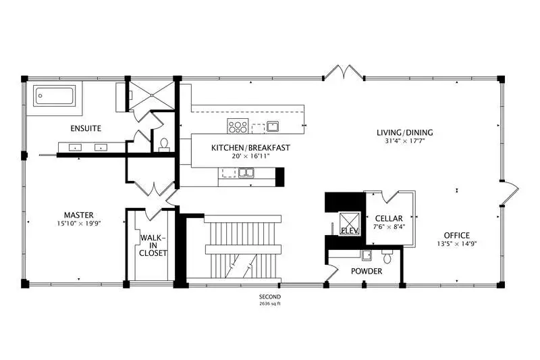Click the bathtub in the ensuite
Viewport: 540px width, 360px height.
[54, 96]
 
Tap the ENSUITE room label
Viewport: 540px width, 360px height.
[86, 128]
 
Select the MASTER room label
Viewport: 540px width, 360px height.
[79, 215]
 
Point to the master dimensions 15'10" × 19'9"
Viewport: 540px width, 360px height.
[79, 224]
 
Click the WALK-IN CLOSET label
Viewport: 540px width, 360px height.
[153, 245]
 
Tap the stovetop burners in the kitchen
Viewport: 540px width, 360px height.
[238, 126]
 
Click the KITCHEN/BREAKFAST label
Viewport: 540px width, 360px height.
[250, 148]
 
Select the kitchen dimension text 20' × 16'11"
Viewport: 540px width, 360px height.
[250, 156]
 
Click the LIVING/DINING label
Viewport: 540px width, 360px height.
[404, 132]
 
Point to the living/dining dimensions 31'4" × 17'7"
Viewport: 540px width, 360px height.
[405, 140]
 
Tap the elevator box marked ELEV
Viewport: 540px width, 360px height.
[350, 224]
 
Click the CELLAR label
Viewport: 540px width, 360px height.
[389, 218]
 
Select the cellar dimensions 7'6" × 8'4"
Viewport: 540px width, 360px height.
[389, 227]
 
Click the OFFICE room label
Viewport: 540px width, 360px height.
[457, 235]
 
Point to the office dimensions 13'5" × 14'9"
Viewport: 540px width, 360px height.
[457, 244]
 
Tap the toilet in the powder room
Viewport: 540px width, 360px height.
[387, 256]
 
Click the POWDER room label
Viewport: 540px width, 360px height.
[367, 272]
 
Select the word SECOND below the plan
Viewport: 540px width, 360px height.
[270, 297]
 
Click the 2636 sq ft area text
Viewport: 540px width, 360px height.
[270, 304]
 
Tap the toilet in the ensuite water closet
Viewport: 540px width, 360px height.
[164, 145]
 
